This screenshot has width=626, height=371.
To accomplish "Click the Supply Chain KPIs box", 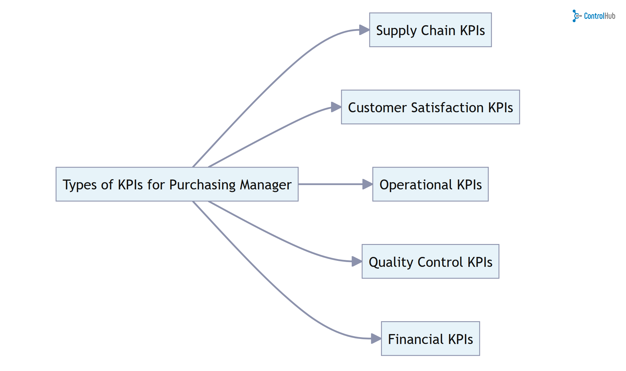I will (430, 30).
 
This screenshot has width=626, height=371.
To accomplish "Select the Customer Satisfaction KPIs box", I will (430, 107).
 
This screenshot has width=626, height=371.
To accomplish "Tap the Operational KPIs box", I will (430, 184).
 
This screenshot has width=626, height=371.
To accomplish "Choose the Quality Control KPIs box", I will (430, 261).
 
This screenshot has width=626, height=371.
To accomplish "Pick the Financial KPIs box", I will (430, 339).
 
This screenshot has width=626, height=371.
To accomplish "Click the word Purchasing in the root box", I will (202, 185).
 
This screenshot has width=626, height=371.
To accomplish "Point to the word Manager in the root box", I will (266, 185).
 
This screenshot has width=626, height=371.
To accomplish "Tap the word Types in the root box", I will (80, 185).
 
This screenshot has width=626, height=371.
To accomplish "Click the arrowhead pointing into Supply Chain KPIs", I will (364, 30).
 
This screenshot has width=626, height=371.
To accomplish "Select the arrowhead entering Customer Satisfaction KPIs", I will (336, 107).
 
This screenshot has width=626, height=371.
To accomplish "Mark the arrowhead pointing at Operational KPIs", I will (367, 184).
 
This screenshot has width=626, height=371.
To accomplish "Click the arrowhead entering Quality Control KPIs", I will (356, 261).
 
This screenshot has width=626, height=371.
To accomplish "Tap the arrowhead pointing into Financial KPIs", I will (376, 338).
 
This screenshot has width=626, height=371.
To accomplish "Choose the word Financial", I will (415, 339).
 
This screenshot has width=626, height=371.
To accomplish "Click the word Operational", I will (416, 185).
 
